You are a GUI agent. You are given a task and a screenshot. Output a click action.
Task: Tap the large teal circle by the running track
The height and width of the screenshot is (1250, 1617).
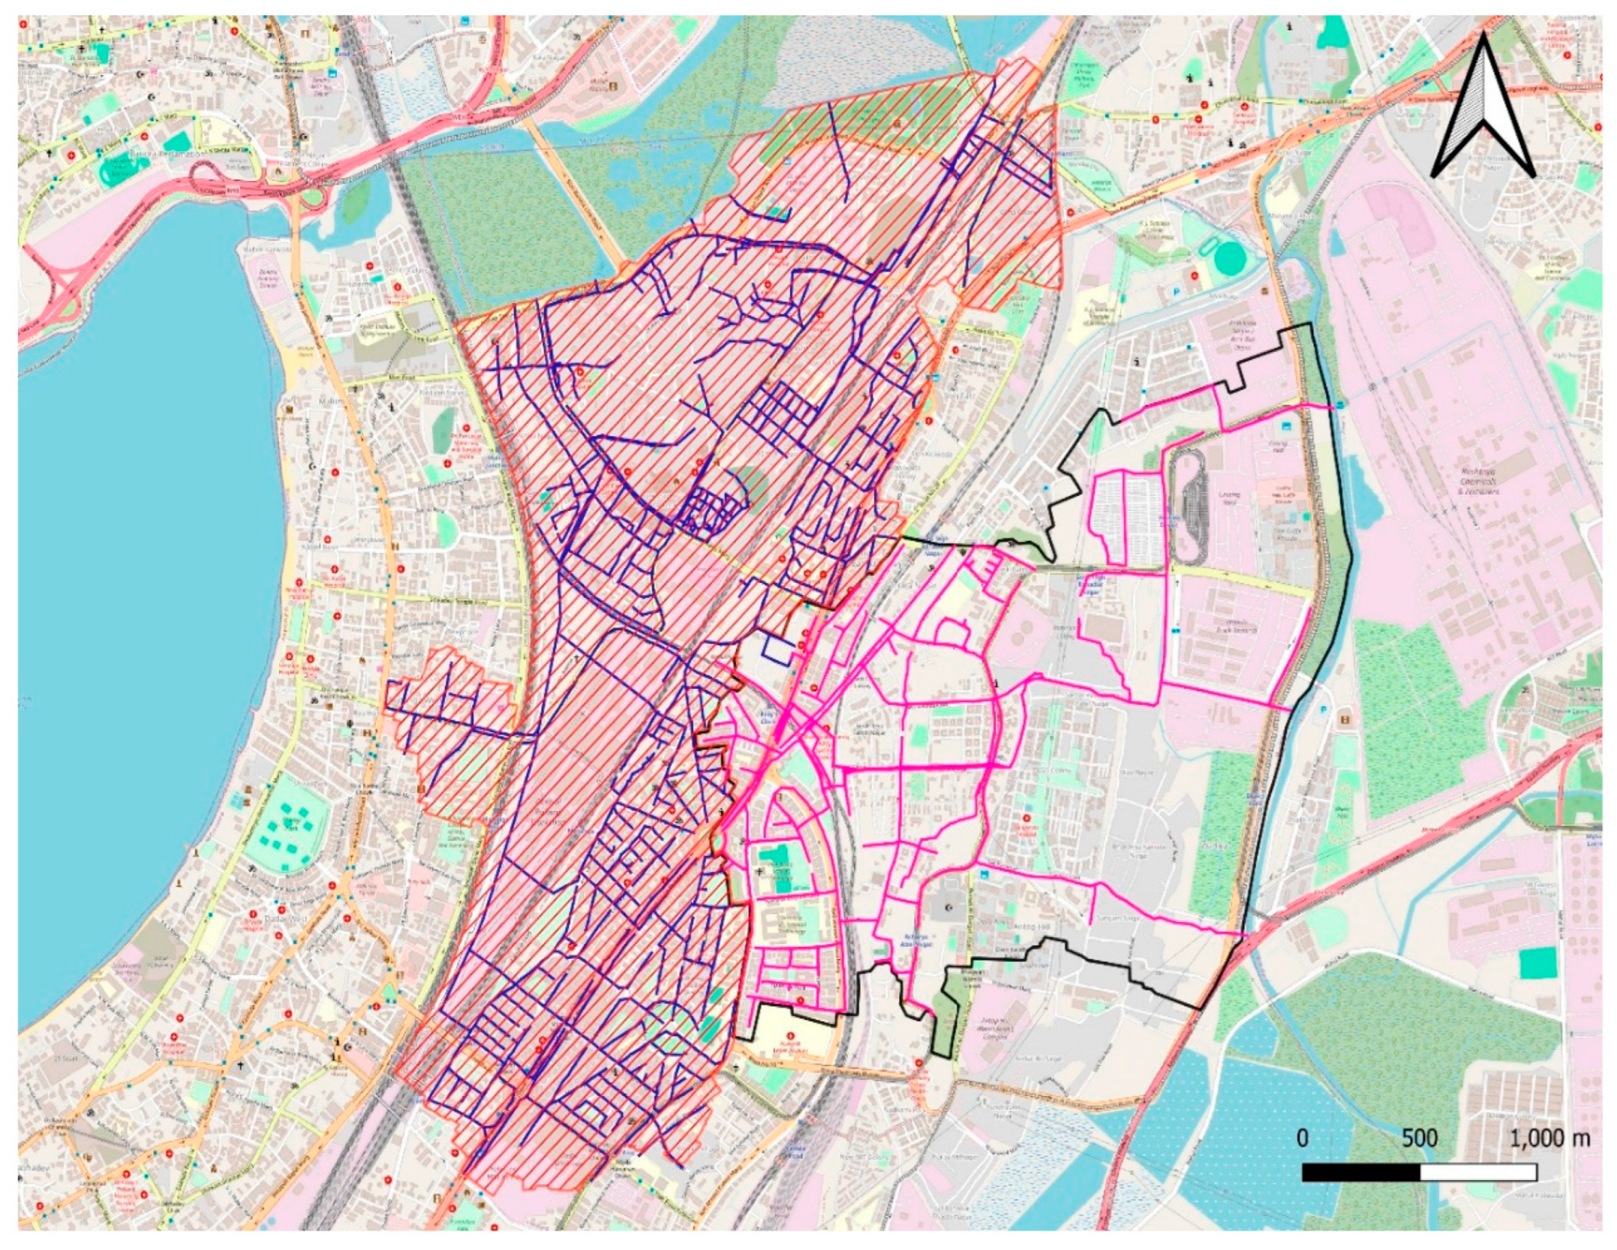(x=1231, y=258)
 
